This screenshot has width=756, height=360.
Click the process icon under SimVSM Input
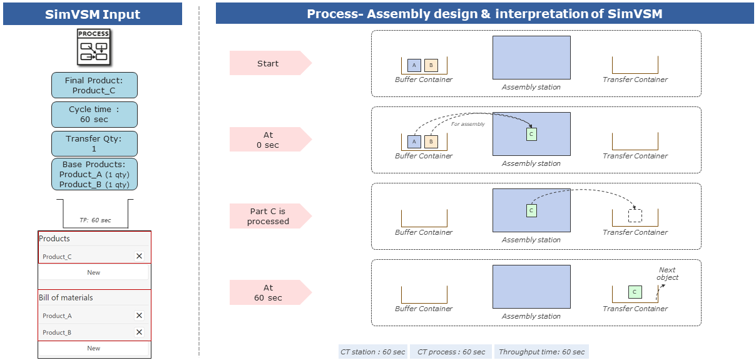pyautogui.click(x=93, y=47)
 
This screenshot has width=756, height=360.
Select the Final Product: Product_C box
pyautogui.click(x=94, y=85)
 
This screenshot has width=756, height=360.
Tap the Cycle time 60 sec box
pyautogui.click(x=94, y=114)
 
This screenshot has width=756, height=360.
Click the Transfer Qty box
pyautogui.click(x=94, y=143)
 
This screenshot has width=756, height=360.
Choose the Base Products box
pyautogui.click(x=94, y=174)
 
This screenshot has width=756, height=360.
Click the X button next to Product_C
pyautogui.click(x=139, y=256)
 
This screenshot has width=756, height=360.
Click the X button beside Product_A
pyautogui.click(x=139, y=316)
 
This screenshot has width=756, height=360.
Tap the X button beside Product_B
pyautogui.click(x=139, y=332)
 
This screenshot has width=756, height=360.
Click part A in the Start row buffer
pyautogui.click(x=414, y=65)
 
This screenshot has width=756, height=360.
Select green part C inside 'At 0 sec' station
pyautogui.click(x=531, y=134)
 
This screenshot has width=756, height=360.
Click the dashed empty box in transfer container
pyautogui.click(x=635, y=216)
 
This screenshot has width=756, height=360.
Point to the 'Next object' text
pyautogui.click(x=668, y=274)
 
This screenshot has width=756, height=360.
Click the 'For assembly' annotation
pyautogui.click(x=468, y=124)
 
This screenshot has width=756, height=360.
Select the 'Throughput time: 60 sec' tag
pyautogui.click(x=541, y=352)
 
